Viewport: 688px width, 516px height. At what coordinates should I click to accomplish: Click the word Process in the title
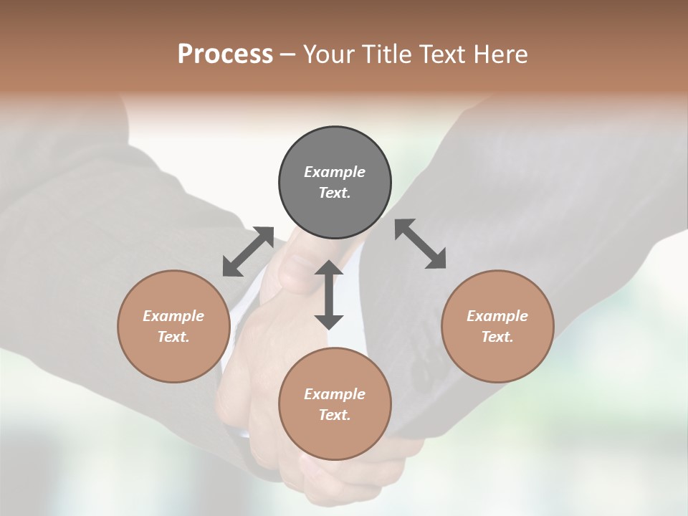pyautogui.click(x=225, y=54)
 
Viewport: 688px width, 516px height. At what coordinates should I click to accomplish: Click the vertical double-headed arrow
pyautogui.click(x=329, y=295)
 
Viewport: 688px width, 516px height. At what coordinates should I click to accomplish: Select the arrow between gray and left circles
pyautogui.click(x=248, y=252)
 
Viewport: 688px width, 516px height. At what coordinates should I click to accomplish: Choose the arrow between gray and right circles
pyautogui.click(x=421, y=244)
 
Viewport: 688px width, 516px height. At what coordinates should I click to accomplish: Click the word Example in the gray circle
pyautogui.click(x=335, y=172)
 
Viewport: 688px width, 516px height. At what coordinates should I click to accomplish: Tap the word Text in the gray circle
pyautogui.click(x=335, y=193)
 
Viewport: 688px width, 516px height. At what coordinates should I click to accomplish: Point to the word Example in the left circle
pyautogui.click(x=173, y=316)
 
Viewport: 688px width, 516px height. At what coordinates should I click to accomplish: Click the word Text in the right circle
pyautogui.click(x=497, y=337)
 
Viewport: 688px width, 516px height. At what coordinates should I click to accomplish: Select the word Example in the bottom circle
pyautogui.click(x=335, y=394)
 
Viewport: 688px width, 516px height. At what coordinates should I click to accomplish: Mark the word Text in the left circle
pyautogui.click(x=173, y=337)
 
